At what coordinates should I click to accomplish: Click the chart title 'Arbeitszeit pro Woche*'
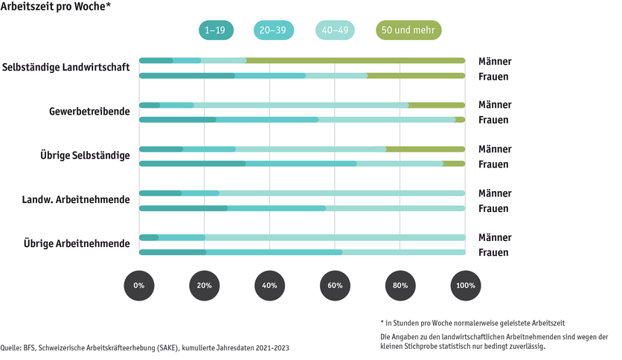(x=57, y=7)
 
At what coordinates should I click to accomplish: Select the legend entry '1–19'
(x=216, y=30)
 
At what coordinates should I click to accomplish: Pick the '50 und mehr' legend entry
(x=408, y=30)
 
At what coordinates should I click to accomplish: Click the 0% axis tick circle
(x=139, y=286)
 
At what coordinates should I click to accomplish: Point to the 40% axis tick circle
(x=269, y=286)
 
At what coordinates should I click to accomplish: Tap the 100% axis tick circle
(x=465, y=286)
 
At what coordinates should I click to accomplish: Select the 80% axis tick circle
(x=400, y=286)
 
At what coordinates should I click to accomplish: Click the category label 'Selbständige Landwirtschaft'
(x=66, y=68)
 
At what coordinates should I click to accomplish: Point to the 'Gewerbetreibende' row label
(x=89, y=112)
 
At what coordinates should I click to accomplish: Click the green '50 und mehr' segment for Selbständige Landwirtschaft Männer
(x=356, y=60)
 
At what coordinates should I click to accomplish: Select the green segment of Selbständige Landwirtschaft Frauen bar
(x=416, y=75)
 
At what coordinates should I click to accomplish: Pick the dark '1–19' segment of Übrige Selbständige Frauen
(x=193, y=164)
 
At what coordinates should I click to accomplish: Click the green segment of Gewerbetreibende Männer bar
(x=437, y=105)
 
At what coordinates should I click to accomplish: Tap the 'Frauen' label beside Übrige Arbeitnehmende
(x=493, y=252)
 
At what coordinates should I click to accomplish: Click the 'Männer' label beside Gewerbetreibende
(x=495, y=105)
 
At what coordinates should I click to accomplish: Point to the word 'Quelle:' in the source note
(x=11, y=348)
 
